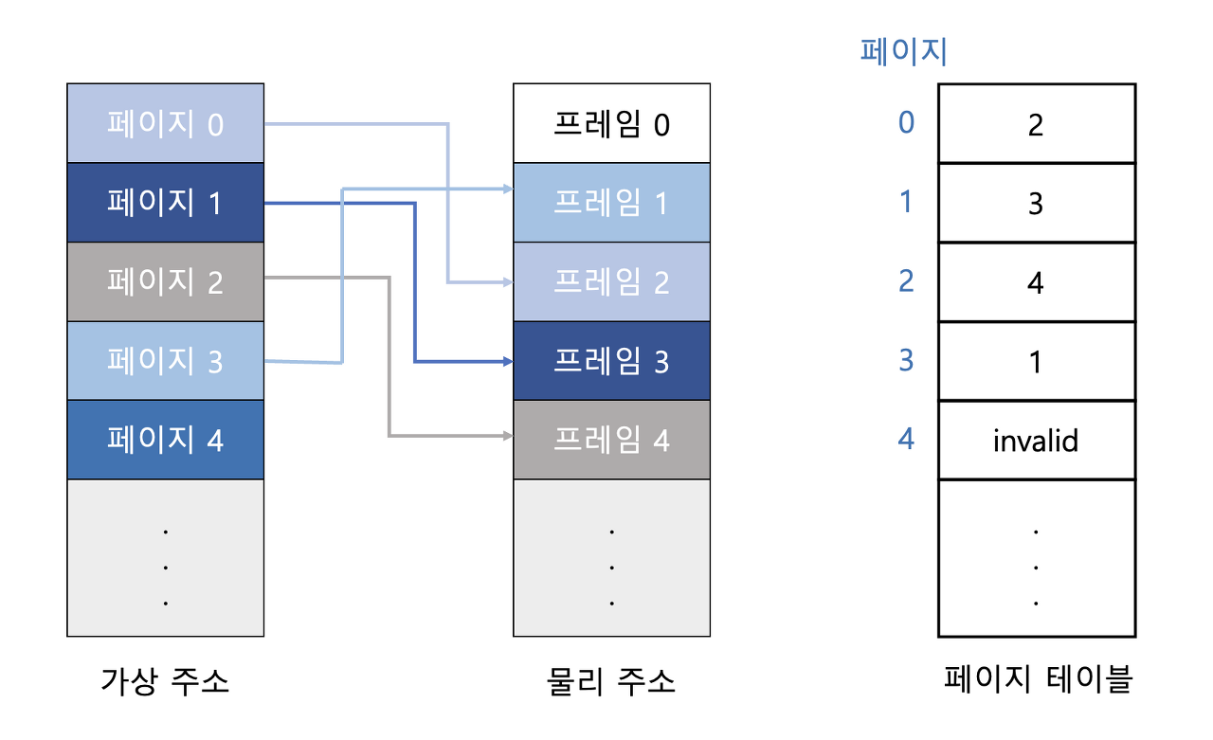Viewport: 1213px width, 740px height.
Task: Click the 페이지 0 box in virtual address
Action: click(166, 123)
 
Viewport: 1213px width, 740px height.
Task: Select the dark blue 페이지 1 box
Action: click(166, 203)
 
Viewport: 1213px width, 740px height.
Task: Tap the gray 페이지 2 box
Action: click(166, 281)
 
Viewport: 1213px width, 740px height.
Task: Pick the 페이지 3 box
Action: click(166, 360)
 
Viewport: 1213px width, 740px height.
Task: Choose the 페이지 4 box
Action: click(166, 440)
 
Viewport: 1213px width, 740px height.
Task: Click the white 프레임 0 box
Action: click(611, 124)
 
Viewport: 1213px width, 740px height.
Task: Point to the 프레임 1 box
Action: click(611, 203)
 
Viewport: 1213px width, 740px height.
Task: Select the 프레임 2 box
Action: click(611, 281)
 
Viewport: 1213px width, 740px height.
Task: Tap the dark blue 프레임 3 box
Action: click(611, 361)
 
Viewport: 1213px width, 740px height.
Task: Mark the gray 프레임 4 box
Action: click(611, 440)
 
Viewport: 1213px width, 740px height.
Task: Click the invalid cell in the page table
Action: click(1036, 441)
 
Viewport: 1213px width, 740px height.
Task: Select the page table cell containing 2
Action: click(1036, 124)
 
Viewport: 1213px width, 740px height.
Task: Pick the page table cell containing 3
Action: click(1036, 203)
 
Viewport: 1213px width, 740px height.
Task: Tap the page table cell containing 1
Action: click(1036, 361)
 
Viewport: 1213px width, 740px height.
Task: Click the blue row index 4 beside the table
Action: click(906, 440)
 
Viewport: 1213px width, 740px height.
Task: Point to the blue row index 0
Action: click(906, 123)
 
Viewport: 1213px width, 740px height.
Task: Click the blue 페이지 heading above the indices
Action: click(903, 50)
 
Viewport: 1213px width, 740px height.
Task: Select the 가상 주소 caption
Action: click(165, 681)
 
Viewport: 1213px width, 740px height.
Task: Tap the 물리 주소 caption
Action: click(611, 681)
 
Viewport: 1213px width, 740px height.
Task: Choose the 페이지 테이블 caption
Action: click(1038, 679)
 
